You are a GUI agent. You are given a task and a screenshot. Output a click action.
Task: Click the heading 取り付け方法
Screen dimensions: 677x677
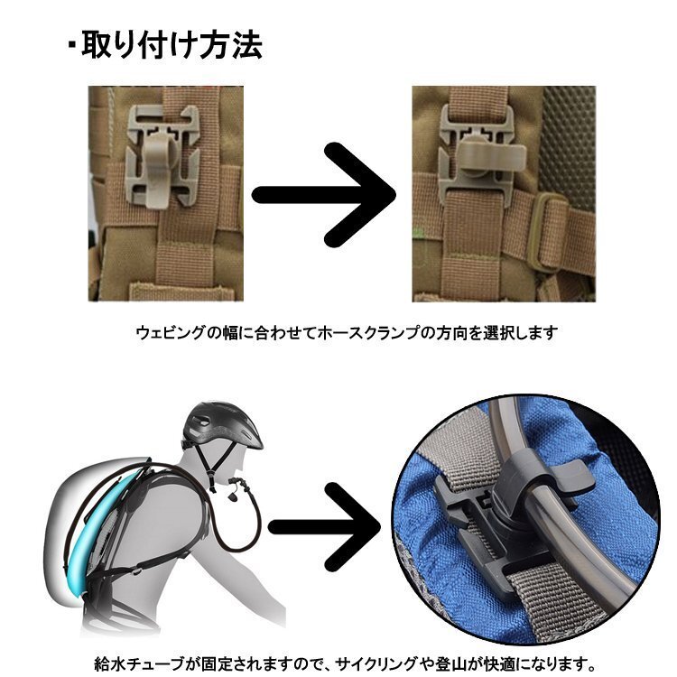pos(172,44)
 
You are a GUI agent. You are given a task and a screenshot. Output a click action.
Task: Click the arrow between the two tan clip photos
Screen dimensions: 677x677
pos(324,195)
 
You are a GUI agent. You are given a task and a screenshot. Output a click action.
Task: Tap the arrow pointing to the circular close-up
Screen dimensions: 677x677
pos(324,527)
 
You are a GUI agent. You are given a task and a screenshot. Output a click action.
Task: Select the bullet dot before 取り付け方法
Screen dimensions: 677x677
pos(72,45)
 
